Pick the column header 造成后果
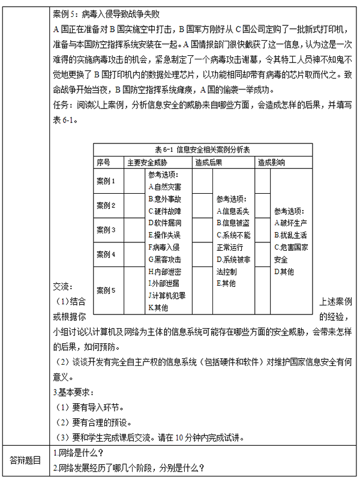click(208, 162)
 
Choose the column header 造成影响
click(271, 162)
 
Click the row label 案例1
click(106, 180)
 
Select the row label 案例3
click(106, 230)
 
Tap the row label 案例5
click(106, 290)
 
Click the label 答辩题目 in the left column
click(25, 460)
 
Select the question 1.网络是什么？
click(79, 452)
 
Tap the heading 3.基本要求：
click(74, 392)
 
